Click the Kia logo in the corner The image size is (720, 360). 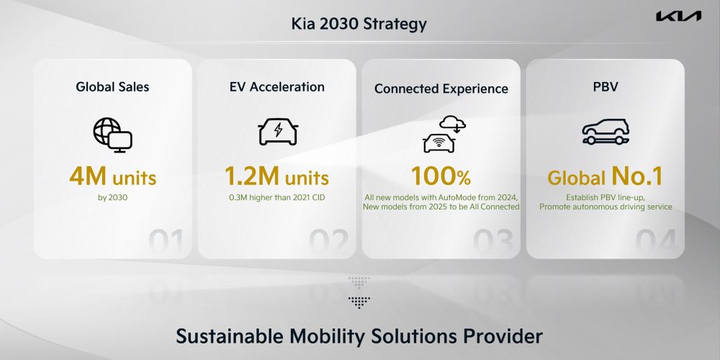coord(678,16)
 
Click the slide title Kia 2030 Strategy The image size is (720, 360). coord(359,24)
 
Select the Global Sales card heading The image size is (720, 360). coord(112,87)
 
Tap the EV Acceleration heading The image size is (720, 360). coord(277,87)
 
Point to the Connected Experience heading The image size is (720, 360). coord(441,89)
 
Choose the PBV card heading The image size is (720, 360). coord(606,87)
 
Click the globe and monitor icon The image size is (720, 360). coord(112,135)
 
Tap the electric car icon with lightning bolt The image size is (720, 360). coord(278,132)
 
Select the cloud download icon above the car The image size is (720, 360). coord(452,124)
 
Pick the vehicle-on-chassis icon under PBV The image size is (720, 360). coord(606,132)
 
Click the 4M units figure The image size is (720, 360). coord(112,176)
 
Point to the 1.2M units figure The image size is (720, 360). coord(277,176)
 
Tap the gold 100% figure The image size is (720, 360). coord(441,176)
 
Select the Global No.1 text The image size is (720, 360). coord(606,176)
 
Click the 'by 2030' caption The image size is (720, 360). coord(112,198)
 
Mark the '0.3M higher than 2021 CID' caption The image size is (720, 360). coord(277,198)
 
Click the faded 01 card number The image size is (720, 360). coord(166,242)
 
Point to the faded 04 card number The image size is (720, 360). coord(656,242)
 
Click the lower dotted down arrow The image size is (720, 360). coord(359,302)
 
